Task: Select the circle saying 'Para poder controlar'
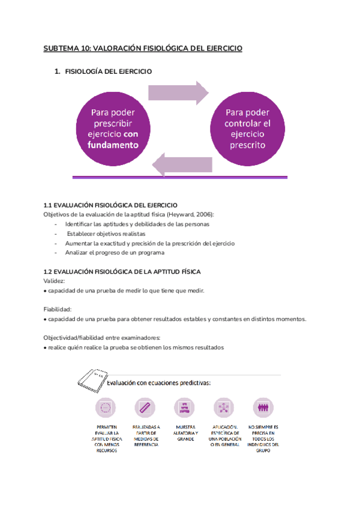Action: point(248,128)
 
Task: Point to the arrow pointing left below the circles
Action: point(182,163)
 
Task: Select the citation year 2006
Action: point(203,214)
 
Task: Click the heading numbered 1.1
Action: point(110,205)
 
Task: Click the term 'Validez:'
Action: point(55,281)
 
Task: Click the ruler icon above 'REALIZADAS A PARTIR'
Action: point(145,408)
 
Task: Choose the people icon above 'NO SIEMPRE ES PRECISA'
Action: point(262,408)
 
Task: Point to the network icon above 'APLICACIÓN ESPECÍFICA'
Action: point(224,408)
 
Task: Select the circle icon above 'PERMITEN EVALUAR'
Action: point(106,408)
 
